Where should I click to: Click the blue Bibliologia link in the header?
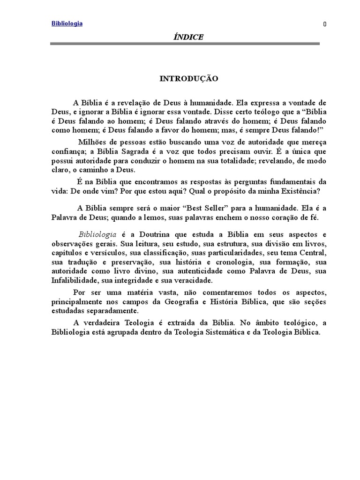click(67, 23)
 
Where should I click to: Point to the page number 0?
click(324, 25)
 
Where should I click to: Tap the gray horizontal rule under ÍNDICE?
click(185, 44)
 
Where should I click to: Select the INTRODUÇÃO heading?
click(189, 79)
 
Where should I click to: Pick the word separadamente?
click(112, 310)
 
